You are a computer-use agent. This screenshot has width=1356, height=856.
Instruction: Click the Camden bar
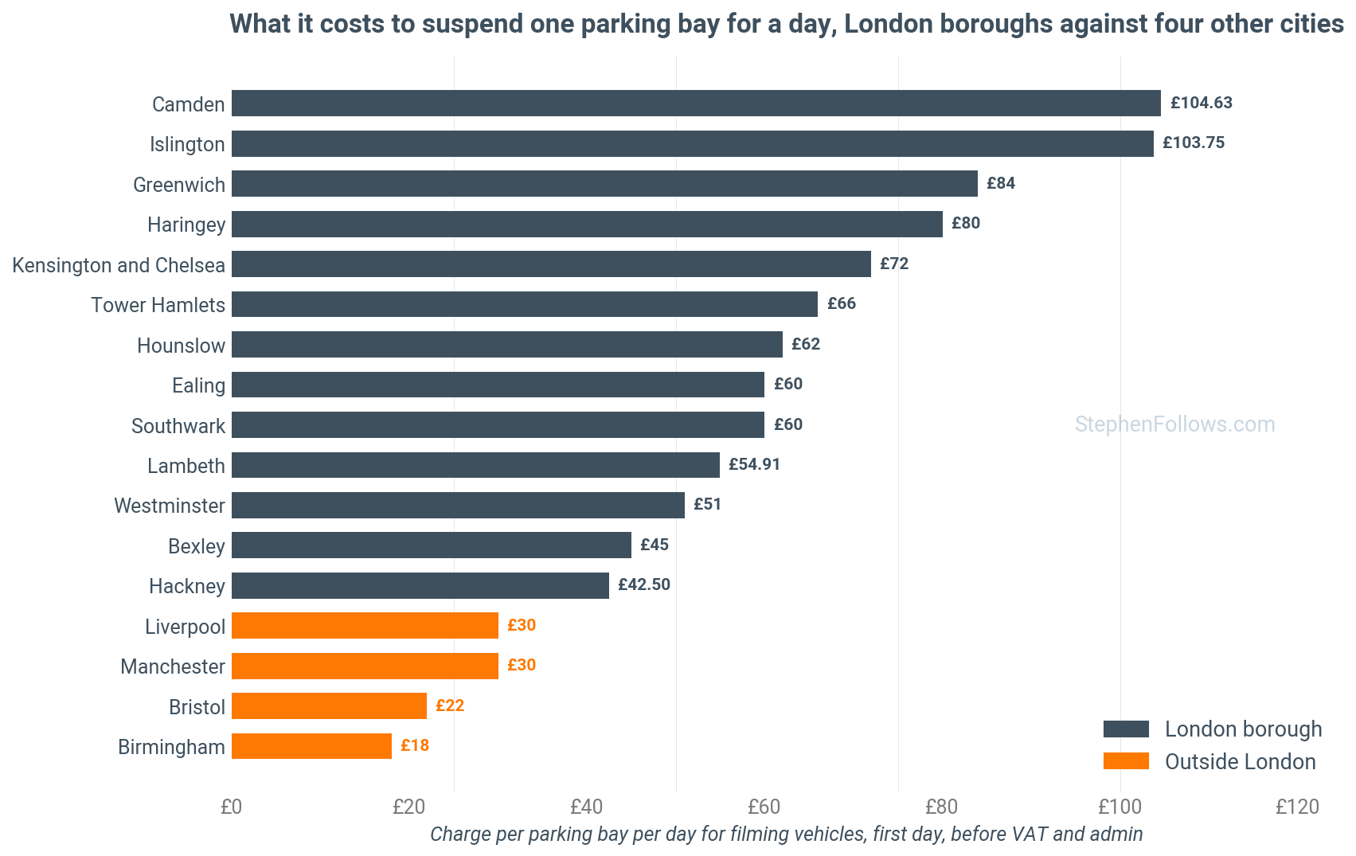tap(696, 103)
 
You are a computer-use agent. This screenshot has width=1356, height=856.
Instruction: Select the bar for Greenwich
tap(605, 183)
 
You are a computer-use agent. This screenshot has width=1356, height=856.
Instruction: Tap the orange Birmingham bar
tap(312, 746)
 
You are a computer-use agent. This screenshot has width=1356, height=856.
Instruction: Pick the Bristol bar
tap(330, 706)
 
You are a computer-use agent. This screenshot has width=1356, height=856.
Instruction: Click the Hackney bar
tap(420, 585)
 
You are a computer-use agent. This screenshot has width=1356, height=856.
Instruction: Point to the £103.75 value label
tap(1193, 143)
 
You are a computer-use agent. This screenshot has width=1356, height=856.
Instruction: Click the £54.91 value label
tap(754, 464)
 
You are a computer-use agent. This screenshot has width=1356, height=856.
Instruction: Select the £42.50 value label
tap(644, 584)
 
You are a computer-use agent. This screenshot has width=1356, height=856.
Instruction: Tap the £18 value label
tap(415, 745)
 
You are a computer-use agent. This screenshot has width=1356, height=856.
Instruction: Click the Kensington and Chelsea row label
tap(119, 265)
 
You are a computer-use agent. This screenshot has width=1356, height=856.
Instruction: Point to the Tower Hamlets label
tap(158, 305)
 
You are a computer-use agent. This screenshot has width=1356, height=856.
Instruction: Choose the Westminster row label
tap(170, 506)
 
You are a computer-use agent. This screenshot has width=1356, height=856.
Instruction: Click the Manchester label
tap(173, 666)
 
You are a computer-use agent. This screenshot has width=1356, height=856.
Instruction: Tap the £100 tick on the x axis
tap(1120, 807)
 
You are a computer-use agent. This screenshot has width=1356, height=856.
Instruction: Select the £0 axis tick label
tap(231, 807)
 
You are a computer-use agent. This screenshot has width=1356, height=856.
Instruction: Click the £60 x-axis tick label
tap(764, 807)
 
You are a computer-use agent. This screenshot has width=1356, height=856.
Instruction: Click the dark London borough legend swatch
tap(1126, 729)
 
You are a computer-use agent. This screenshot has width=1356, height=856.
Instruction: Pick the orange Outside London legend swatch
tap(1126, 761)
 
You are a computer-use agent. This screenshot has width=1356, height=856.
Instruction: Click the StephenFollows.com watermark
tap(1175, 424)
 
